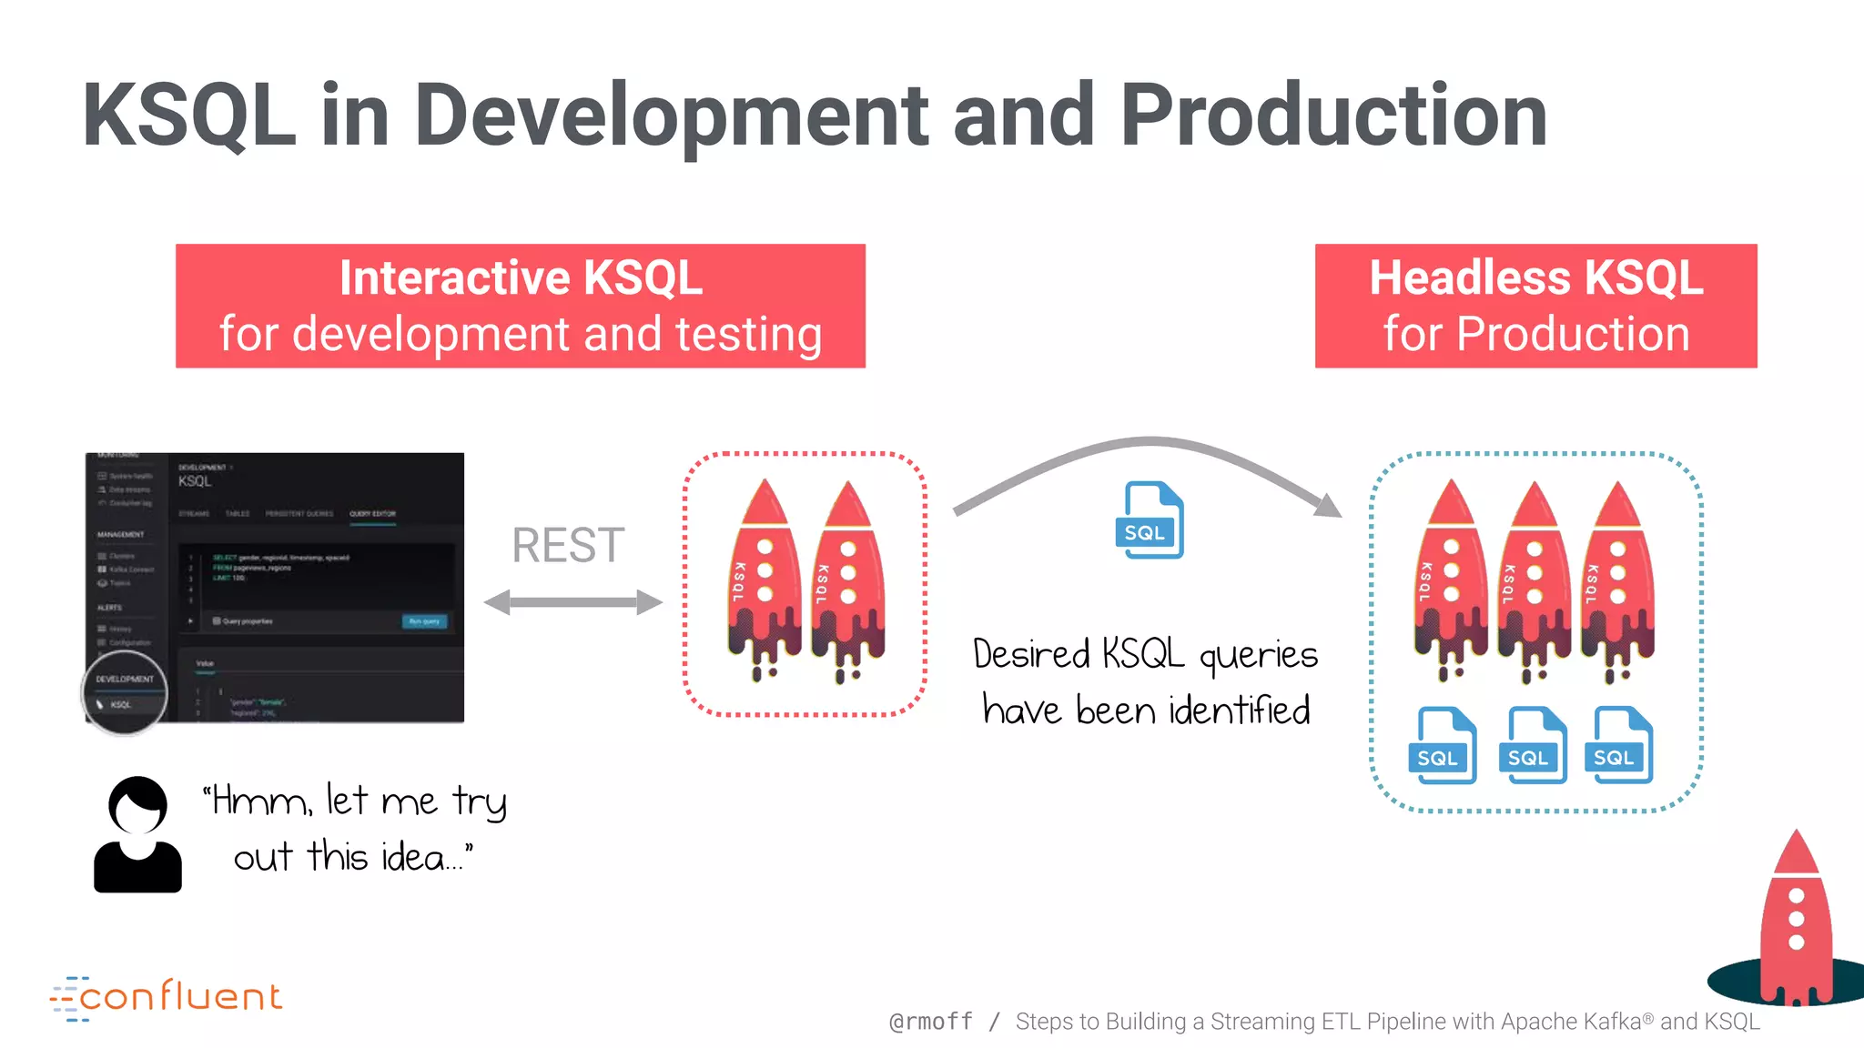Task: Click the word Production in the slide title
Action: [x=1333, y=116]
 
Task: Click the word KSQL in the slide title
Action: [x=189, y=116]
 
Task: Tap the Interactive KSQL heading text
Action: [x=521, y=277]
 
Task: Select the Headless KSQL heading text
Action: [x=1535, y=277]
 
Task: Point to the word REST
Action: [x=568, y=546]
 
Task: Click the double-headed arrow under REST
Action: [x=572, y=602]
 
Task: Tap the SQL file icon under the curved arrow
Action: [x=1149, y=520]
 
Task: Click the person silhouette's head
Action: [x=138, y=806]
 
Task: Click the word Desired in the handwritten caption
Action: [x=1031, y=654]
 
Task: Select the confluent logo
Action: [x=167, y=998]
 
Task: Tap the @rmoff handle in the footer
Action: [x=930, y=1022]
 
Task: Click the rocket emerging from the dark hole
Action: [x=1795, y=919]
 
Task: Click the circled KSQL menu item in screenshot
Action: [x=120, y=704]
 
